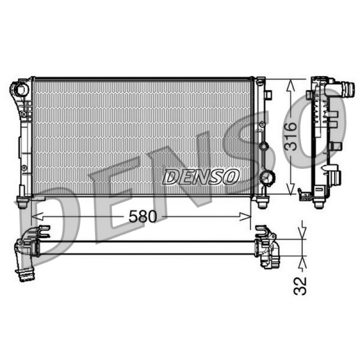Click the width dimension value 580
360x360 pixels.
tap(143, 216)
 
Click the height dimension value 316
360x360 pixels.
tap(291, 137)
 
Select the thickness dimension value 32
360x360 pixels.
tap(300, 286)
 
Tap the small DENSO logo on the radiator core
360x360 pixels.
tap(200, 177)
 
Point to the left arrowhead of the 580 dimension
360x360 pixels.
tap(37, 216)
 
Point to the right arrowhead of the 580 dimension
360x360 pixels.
tap(245, 216)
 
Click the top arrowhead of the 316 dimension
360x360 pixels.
tap(291, 85)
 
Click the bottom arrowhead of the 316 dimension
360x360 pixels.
tap(291, 188)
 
